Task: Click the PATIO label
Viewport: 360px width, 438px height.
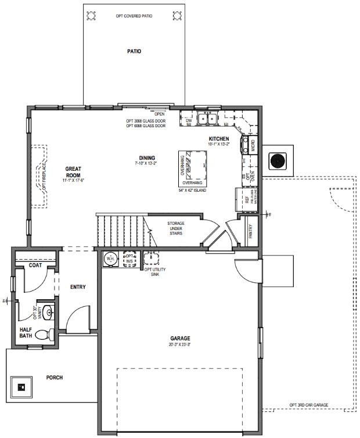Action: (x=134, y=51)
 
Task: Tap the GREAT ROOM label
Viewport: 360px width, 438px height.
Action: (x=73, y=172)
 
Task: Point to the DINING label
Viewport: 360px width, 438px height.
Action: (x=147, y=157)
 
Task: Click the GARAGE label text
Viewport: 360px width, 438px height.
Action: (x=180, y=338)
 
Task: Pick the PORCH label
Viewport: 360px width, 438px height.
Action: (x=55, y=378)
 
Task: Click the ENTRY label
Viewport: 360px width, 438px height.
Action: (x=78, y=287)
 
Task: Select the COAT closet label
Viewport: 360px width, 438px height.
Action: (x=35, y=265)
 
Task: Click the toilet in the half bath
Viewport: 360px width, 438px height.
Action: (x=42, y=335)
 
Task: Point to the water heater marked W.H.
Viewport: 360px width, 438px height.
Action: (x=110, y=258)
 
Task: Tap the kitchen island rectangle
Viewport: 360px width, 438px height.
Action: (x=193, y=168)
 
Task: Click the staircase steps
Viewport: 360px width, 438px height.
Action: (x=122, y=231)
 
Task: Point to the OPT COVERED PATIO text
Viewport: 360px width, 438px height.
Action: (x=134, y=16)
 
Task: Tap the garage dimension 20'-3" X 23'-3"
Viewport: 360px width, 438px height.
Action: (x=180, y=344)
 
